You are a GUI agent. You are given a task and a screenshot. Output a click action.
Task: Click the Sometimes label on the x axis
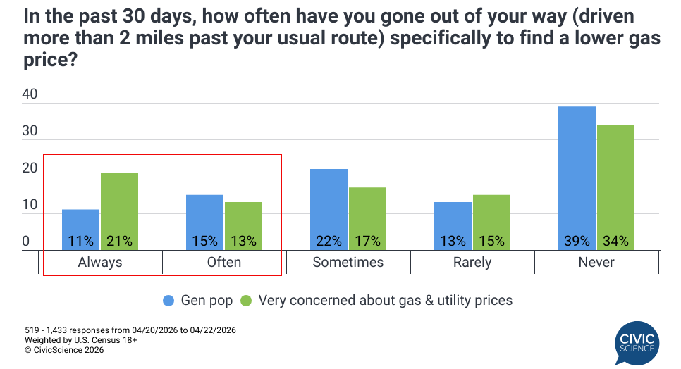tap(348, 263)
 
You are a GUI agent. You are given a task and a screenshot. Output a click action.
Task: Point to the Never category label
tap(596, 263)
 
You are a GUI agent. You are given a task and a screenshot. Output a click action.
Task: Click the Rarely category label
tap(472, 263)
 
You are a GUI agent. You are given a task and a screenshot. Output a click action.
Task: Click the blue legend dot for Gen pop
tap(168, 301)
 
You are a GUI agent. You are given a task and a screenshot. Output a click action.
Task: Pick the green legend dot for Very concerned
tap(247, 301)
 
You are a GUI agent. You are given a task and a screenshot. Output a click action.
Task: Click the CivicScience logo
tap(636, 343)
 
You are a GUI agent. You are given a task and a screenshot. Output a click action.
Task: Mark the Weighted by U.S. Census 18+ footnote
tap(80, 339)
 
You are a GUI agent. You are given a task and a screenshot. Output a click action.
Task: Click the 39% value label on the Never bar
tap(577, 241)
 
